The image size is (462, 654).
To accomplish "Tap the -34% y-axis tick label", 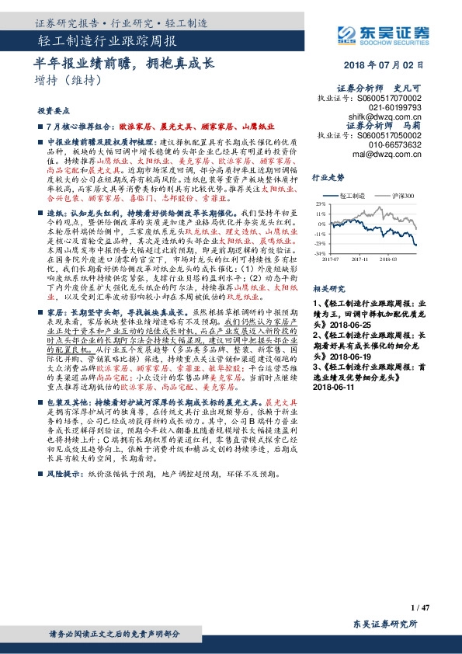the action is point(319,253).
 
